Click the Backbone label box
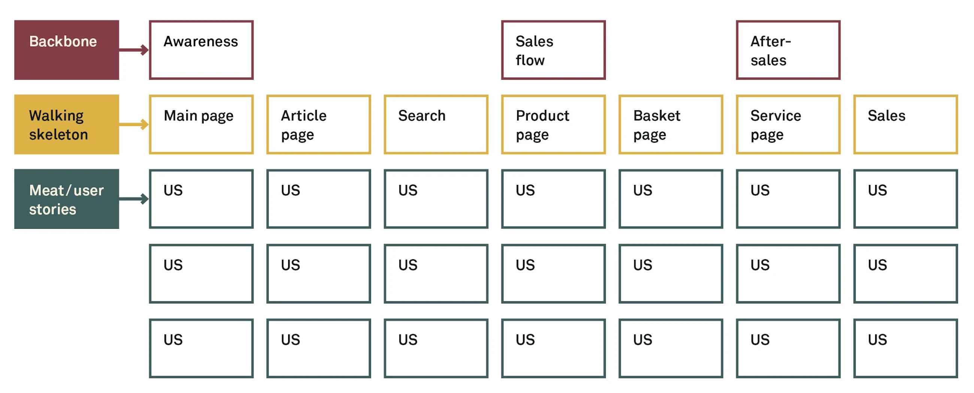coord(67,50)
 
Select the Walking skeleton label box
coord(67,124)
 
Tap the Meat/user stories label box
coord(67,199)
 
